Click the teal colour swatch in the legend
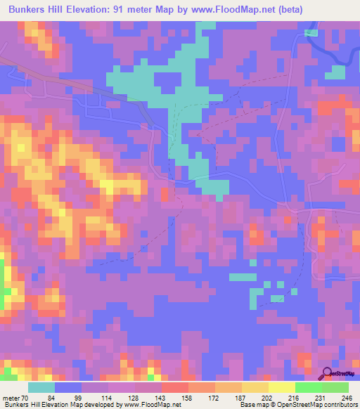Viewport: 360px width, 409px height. coord(41,388)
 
